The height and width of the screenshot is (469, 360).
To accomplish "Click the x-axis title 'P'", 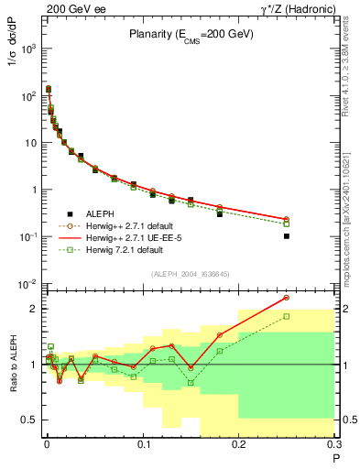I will click(x=335, y=459).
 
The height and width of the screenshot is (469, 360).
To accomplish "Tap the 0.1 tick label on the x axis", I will click(x=142, y=445).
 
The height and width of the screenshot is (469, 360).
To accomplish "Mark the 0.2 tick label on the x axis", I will click(x=239, y=445).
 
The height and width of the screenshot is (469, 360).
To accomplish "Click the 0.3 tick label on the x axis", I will click(x=334, y=445).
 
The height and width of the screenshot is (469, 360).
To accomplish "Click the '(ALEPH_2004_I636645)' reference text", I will click(x=191, y=274).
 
